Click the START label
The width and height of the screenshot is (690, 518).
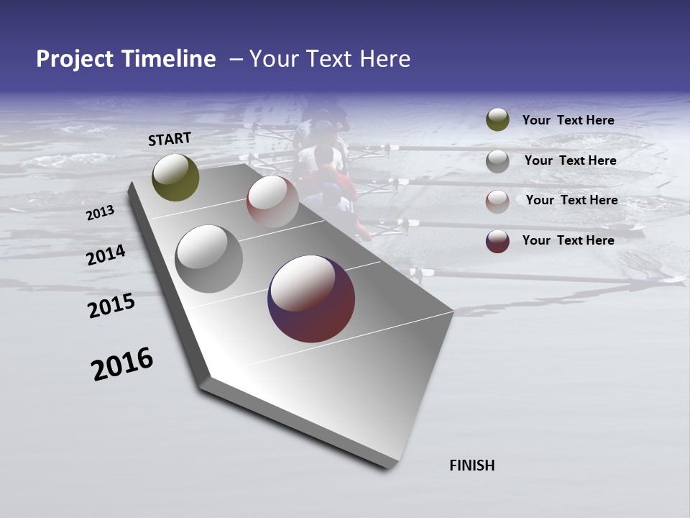(170, 139)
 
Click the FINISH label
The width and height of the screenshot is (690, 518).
(471, 465)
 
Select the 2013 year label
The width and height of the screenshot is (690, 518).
(100, 213)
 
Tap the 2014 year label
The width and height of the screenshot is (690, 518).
(106, 255)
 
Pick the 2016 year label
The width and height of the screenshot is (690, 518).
(122, 363)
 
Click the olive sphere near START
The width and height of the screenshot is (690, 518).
(175, 177)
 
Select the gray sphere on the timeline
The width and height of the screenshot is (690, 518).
(208, 258)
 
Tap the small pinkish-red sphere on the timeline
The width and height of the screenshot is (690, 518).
(272, 201)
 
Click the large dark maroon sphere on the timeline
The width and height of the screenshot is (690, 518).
(311, 298)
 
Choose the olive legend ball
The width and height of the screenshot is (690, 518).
(497, 119)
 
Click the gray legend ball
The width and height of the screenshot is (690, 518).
(497, 160)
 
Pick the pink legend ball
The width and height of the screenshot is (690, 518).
(497, 201)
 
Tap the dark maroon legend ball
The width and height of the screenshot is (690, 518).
(497, 241)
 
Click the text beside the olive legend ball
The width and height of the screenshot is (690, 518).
(568, 120)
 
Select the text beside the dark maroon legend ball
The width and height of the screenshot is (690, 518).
(568, 240)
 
